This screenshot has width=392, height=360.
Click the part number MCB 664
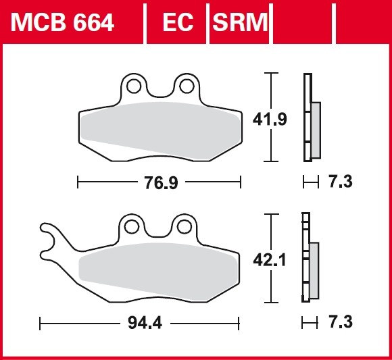(62, 22)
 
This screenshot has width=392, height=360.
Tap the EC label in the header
(178, 22)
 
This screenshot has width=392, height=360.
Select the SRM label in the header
(240, 22)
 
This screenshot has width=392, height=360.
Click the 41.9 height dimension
(270, 120)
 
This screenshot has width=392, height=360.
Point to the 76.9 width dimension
(161, 182)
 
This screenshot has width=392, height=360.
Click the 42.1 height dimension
(270, 260)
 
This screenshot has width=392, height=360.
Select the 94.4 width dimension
(145, 323)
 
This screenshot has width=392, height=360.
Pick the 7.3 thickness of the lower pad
(341, 322)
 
